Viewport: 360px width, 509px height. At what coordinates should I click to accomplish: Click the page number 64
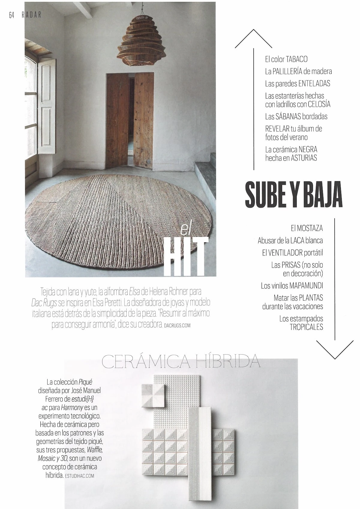pos(12,15)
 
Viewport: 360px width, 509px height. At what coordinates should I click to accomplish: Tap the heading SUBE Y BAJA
pos(293,195)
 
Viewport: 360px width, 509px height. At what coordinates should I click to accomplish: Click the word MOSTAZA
pos(310,228)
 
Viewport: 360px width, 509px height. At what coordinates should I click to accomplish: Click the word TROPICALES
pos(306,327)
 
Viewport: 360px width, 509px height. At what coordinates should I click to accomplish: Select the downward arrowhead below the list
pos(334,350)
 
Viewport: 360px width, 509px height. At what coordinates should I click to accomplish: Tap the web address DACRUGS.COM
pos(177,325)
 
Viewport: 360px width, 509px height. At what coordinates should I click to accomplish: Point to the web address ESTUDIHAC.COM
pos(79,476)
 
